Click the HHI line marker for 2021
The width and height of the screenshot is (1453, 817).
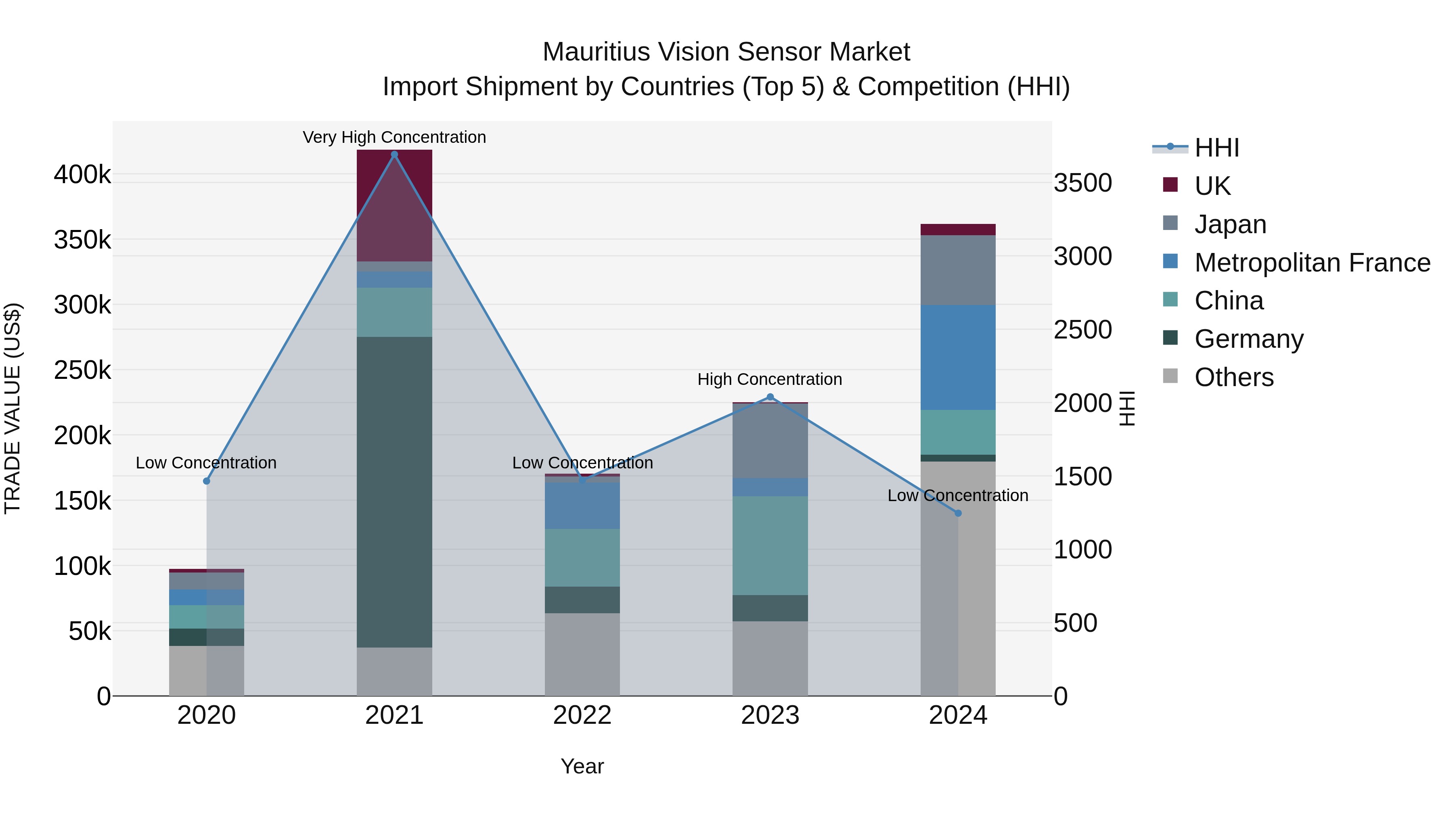394,155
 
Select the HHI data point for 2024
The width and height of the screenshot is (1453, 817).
958,513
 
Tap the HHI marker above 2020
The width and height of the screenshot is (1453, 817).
206,481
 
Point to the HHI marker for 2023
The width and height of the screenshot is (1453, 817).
770,397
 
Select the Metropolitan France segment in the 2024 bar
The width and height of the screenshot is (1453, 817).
958,357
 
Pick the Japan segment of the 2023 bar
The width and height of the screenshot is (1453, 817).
770,441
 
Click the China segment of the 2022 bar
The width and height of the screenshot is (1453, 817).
582,557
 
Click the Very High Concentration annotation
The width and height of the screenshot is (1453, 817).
394,137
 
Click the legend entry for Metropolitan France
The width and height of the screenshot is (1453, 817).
1312,263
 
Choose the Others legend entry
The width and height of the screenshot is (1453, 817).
1233,377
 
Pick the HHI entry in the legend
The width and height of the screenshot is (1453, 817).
1216,148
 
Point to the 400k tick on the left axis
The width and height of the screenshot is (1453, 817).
82,175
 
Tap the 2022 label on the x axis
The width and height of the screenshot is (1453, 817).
582,715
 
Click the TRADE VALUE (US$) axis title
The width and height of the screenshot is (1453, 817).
13,408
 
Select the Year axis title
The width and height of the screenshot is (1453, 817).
582,766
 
